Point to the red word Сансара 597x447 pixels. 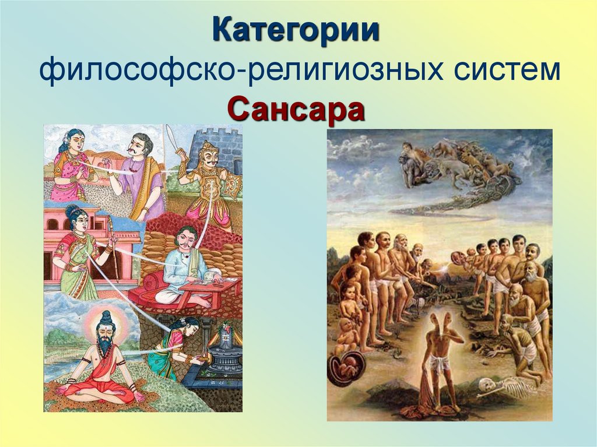(296, 108)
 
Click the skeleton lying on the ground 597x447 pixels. (507, 388)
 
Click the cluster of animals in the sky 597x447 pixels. (461, 166)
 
